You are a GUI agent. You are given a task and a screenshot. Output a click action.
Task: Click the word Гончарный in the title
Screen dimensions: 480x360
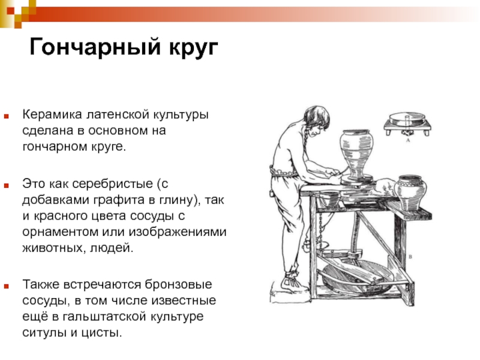point(95,47)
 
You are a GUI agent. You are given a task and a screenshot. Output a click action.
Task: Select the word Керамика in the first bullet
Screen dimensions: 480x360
point(52,115)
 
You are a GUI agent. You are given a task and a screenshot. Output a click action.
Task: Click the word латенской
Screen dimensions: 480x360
point(118,115)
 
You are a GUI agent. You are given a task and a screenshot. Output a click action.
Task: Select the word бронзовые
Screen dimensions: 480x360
point(178,284)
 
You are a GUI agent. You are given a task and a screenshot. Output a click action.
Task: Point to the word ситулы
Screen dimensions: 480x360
point(45,332)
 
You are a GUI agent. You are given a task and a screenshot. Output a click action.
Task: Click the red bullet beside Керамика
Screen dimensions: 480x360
point(6,116)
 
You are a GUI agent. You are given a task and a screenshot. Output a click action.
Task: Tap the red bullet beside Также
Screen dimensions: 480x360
point(6,286)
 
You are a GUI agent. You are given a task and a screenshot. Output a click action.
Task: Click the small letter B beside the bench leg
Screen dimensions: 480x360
point(410,257)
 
